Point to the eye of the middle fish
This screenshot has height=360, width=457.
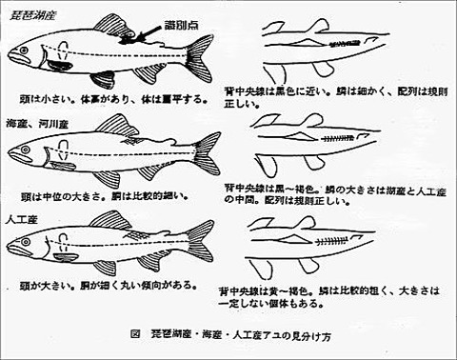22,147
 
